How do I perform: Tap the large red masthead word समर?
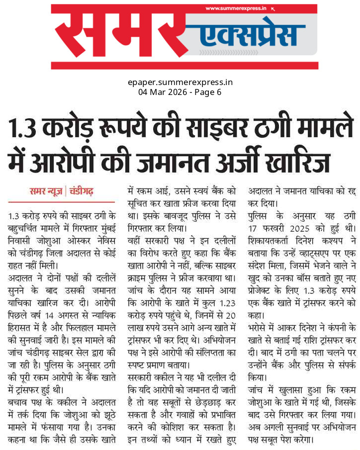coord(116,37)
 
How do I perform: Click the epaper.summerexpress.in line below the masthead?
coord(180,83)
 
